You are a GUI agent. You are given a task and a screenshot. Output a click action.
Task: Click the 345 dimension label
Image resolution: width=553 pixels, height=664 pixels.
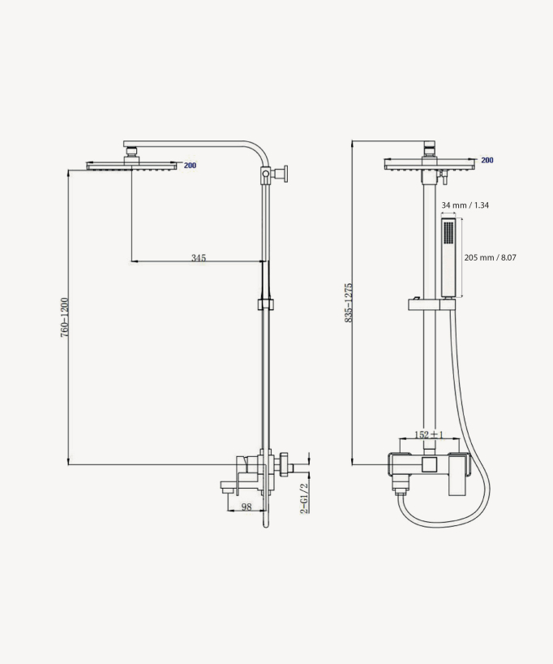coord(199,258)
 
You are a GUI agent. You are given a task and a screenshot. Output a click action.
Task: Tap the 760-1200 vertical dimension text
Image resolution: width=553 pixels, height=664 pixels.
coord(64,317)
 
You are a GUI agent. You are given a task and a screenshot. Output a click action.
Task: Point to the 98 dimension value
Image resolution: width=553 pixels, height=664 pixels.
coord(246,507)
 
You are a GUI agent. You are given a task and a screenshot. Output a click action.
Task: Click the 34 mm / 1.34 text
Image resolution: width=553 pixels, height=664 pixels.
coord(465,205)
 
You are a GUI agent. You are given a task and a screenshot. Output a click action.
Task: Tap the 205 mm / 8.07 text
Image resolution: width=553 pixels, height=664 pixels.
coord(490,257)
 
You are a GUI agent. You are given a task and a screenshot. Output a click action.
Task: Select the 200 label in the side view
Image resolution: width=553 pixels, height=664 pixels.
coord(190,166)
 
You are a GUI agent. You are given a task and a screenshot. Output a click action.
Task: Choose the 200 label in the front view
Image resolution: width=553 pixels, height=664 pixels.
coord(487,161)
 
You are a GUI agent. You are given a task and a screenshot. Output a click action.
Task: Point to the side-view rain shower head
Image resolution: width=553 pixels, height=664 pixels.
coord(132,166)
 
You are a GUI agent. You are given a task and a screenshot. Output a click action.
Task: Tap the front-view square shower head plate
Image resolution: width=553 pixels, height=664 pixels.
coord(430,164)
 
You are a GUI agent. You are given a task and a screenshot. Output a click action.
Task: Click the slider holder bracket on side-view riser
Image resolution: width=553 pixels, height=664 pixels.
coord(264,305)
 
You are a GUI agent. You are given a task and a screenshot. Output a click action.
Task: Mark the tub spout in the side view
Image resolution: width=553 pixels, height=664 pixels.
coord(234,486)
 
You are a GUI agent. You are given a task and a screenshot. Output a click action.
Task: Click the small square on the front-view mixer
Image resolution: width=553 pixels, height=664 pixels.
coord(431,464)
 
